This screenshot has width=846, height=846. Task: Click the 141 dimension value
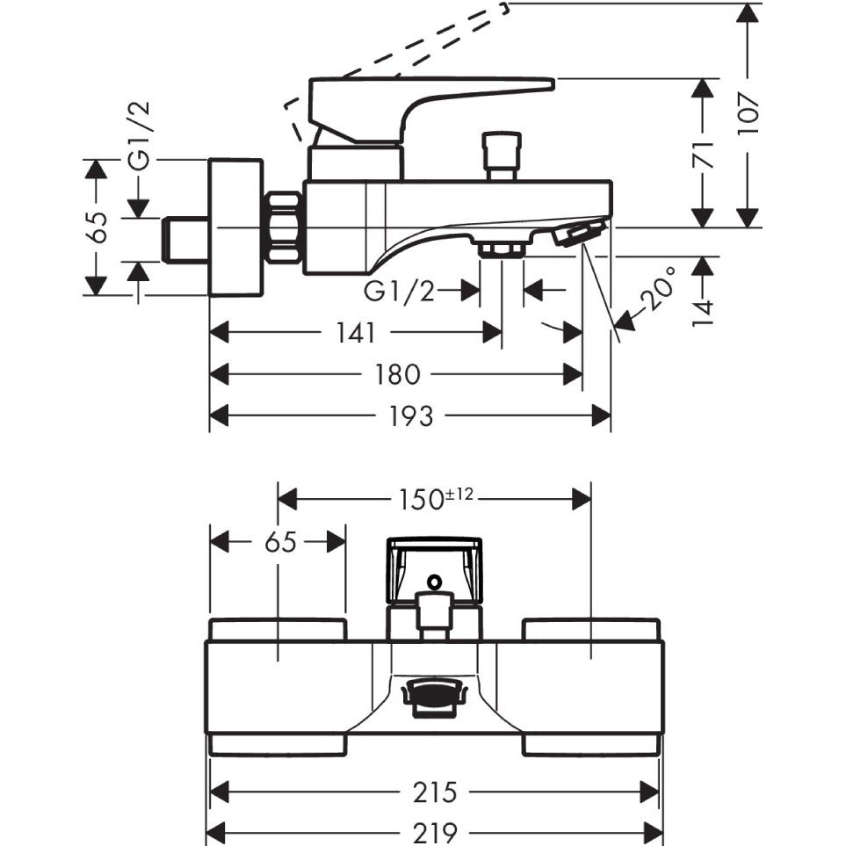click(356, 332)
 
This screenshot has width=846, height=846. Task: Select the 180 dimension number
click(398, 374)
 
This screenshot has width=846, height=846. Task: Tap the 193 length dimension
click(410, 416)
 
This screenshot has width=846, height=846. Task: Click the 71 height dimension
click(703, 155)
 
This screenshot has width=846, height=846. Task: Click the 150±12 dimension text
click(436, 498)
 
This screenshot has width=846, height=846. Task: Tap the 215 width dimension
click(435, 792)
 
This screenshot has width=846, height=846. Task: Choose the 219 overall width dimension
click(435, 834)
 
